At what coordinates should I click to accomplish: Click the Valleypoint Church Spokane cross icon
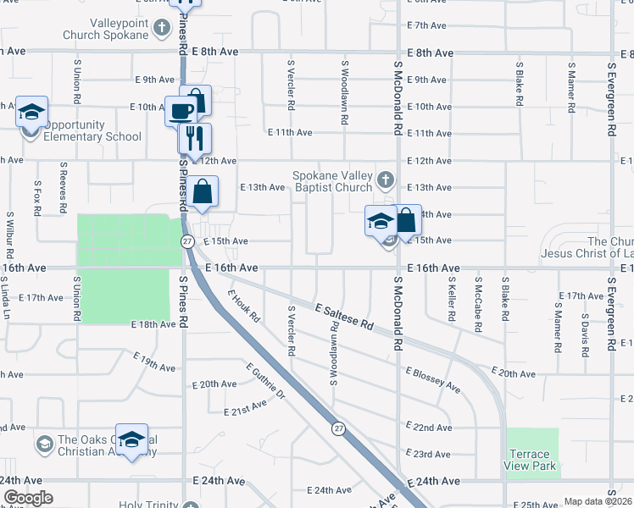point(161,28)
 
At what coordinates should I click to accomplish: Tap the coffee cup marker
point(181,110)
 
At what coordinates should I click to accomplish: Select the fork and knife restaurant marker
point(195,138)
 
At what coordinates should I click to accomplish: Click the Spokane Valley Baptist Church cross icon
point(385,179)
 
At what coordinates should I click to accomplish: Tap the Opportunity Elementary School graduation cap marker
point(31,113)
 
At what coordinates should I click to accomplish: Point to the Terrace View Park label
point(532,461)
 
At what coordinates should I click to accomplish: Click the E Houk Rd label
point(243,309)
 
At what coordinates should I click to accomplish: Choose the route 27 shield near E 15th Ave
point(187,240)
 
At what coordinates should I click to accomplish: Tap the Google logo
point(28,499)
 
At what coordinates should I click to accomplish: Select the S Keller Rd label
point(452,298)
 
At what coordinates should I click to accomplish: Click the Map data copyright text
point(598,501)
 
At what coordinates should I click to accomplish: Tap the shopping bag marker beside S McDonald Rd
point(407,221)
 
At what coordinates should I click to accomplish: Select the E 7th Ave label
point(426,25)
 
